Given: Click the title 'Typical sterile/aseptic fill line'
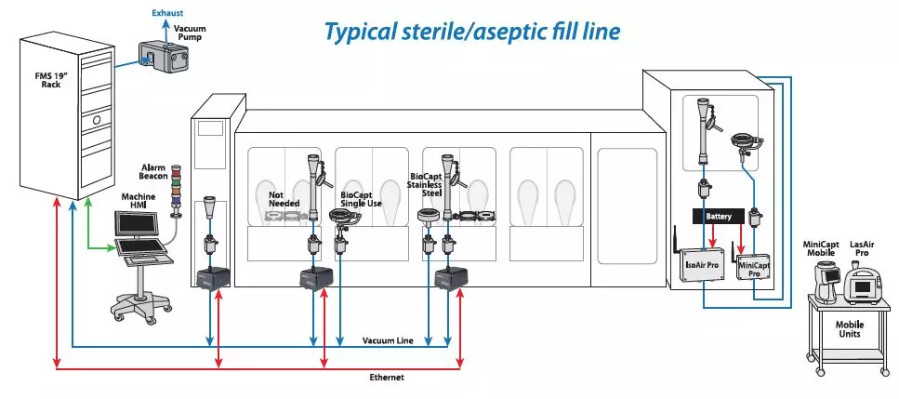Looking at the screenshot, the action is tap(472, 31).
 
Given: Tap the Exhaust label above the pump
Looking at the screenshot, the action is tap(168, 13).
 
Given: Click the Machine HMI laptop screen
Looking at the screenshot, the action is tap(137, 223).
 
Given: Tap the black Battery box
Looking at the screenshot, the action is tap(719, 217).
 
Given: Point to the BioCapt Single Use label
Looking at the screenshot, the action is tap(362, 199).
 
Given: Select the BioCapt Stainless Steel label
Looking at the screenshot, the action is tap(425, 184).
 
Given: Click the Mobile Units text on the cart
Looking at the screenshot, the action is tap(849, 329).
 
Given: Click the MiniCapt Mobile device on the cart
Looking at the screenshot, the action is tap(826, 281).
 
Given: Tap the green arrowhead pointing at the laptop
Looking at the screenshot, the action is tap(111, 248).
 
